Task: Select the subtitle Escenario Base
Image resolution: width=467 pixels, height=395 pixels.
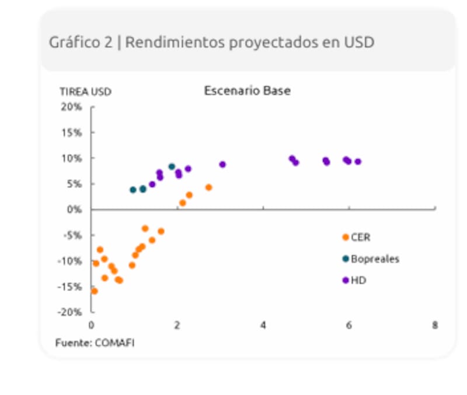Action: tap(247, 91)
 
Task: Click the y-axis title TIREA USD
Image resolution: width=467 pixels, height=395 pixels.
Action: tap(85, 92)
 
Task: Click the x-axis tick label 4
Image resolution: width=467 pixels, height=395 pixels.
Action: tap(263, 325)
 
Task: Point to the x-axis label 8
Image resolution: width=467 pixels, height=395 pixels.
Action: tap(435, 325)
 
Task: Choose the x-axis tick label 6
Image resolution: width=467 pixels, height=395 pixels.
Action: tap(349, 325)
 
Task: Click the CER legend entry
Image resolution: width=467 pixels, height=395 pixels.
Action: tap(360, 237)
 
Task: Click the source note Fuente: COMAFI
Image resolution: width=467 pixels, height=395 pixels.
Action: tap(95, 343)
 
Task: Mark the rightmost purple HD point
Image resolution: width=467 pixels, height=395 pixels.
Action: tap(358, 162)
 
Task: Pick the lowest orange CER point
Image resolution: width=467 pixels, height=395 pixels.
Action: tap(94, 291)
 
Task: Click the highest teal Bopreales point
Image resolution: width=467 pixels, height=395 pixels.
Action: tap(172, 167)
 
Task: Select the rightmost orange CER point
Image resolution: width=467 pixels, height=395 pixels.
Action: tap(208, 188)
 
